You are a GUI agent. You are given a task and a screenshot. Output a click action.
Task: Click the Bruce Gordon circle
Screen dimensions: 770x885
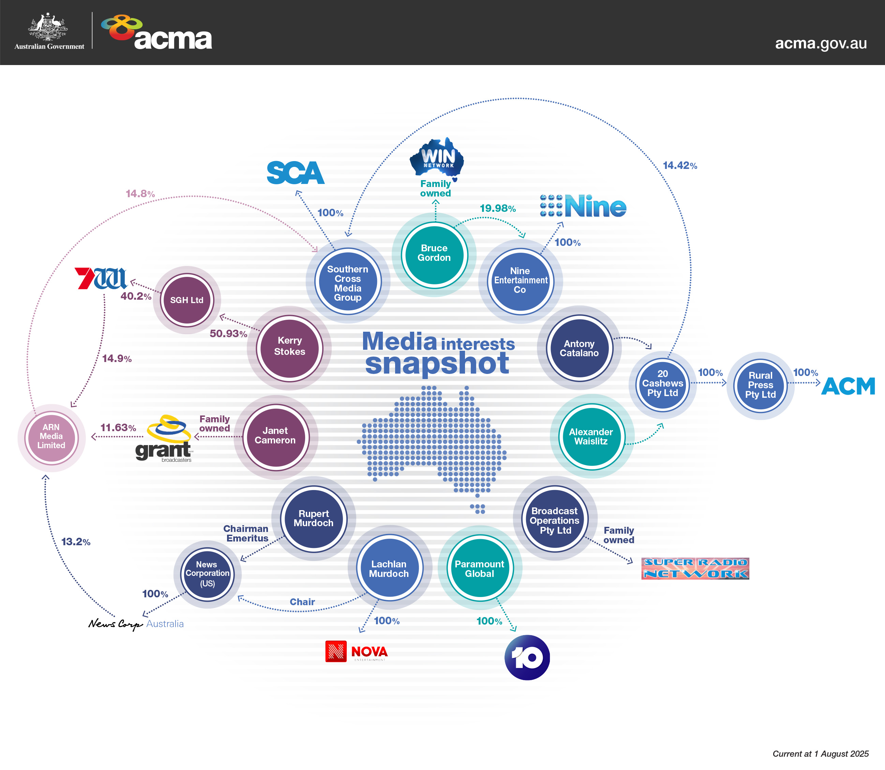click(434, 254)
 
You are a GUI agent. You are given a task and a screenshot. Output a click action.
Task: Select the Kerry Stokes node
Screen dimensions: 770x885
click(289, 348)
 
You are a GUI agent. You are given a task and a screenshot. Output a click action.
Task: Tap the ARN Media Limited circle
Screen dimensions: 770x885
click(51, 437)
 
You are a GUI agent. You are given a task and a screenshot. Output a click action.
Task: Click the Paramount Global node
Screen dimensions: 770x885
click(479, 568)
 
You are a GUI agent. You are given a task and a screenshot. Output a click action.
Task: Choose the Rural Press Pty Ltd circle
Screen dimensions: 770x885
click(760, 386)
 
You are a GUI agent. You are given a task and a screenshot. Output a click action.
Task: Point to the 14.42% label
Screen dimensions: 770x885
click(679, 166)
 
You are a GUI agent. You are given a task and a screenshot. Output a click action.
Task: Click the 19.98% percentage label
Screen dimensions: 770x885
click(497, 208)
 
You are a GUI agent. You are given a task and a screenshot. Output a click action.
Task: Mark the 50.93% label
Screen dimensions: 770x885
click(228, 333)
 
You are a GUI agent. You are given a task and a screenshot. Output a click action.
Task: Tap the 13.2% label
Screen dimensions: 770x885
click(76, 542)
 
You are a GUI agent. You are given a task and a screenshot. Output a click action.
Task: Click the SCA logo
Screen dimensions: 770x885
click(296, 173)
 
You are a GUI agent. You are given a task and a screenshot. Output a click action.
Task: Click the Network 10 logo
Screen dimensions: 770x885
click(527, 657)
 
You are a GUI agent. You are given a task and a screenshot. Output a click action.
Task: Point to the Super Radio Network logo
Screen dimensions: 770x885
click(695, 568)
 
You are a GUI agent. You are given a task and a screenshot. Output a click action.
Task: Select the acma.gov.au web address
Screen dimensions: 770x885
click(821, 43)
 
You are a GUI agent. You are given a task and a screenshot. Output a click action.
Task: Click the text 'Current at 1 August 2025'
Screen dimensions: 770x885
click(820, 754)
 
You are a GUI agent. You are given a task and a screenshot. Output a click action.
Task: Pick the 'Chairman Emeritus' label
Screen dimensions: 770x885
click(246, 533)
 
